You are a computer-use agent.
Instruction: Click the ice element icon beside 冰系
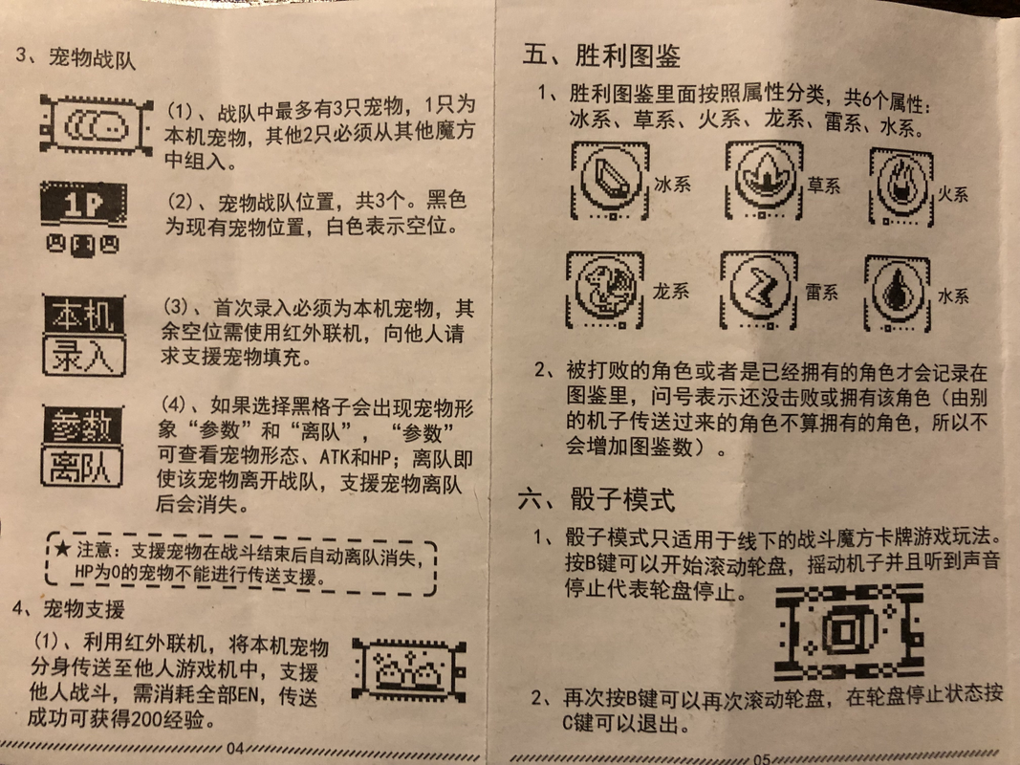pyautogui.click(x=610, y=181)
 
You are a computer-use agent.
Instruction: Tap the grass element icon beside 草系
pyautogui.click(x=765, y=180)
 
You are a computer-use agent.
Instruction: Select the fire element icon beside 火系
pyautogui.click(x=901, y=186)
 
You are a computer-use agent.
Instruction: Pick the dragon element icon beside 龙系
pyautogui.click(x=605, y=290)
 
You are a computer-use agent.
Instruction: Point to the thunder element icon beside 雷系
pyautogui.click(x=758, y=290)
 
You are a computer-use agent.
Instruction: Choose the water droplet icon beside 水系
pyautogui.click(x=898, y=294)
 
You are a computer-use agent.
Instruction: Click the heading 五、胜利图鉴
pyautogui.click(x=601, y=56)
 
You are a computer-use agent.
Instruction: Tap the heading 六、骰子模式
pyautogui.click(x=597, y=499)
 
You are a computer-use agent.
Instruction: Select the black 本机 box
pyautogui.click(x=84, y=315)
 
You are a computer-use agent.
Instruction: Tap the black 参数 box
pyautogui.click(x=82, y=426)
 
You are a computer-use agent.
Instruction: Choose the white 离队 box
pyautogui.click(x=82, y=466)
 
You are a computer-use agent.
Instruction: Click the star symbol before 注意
pyautogui.click(x=62, y=549)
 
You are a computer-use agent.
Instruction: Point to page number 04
pyautogui.click(x=235, y=749)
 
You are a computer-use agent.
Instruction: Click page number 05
pyautogui.click(x=762, y=758)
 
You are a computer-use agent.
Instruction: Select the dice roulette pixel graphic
pyautogui.click(x=849, y=631)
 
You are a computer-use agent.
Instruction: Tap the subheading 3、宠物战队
pyautogui.click(x=76, y=58)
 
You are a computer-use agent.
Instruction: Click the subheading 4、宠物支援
pyautogui.click(x=68, y=609)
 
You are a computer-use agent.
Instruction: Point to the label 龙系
pyautogui.click(x=671, y=291)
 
